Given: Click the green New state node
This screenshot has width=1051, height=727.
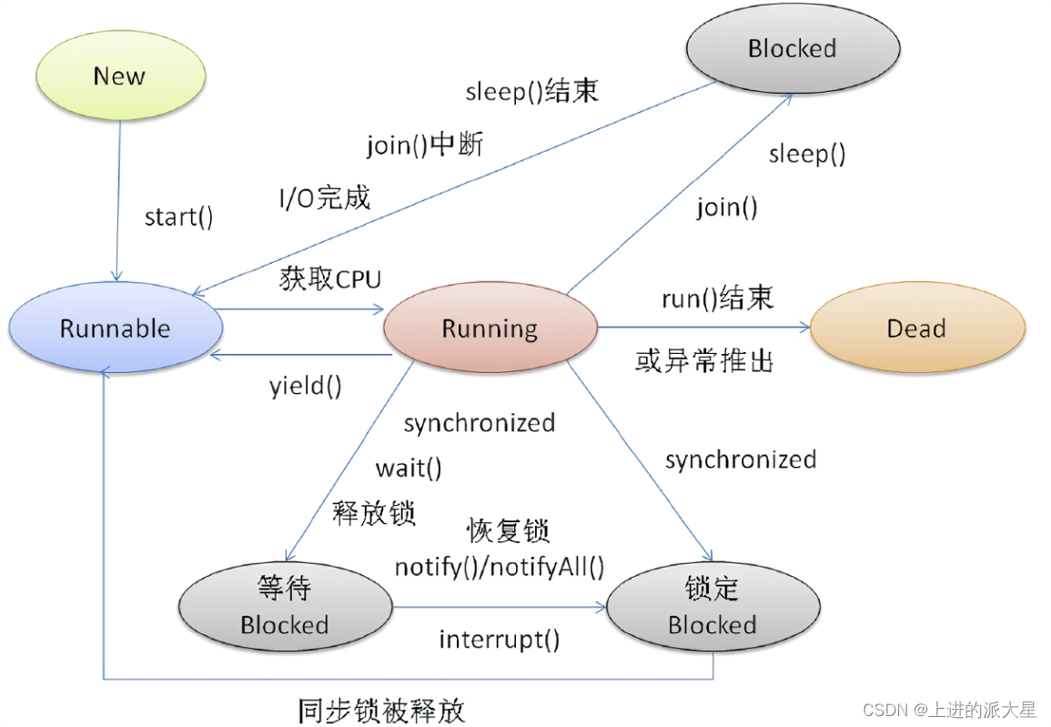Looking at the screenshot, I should pyautogui.click(x=118, y=76).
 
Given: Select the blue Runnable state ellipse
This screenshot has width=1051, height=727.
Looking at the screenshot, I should pyautogui.click(x=115, y=328).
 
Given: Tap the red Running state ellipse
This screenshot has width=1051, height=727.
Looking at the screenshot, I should pyautogui.click(x=490, y=328).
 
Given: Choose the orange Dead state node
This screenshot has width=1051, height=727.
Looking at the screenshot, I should pyautogui.click(x=916, y=328).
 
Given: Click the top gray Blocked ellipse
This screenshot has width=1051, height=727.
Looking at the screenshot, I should pyautogui.click(x=792, y=48).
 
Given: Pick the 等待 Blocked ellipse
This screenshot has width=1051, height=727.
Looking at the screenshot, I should pyautogui.click(x=285, y=607).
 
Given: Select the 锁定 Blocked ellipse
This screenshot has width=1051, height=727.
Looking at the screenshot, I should pyautogui.click(x=712, y=607).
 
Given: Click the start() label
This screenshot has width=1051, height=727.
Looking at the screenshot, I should pyautogui.click(x=178, y=217).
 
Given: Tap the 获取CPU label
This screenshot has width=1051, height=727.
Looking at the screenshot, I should pyautogui.click(x=330, y=279).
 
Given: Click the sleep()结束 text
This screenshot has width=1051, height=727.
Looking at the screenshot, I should pyautogui.click(x=532, y=92).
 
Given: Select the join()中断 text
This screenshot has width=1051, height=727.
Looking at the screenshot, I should pyautogui.click(x=425, y=145).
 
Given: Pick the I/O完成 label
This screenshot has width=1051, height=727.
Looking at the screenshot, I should pyautogui.click(x=325, y=197).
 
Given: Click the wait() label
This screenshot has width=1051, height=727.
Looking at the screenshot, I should pyautogui.click(x=409, y=469).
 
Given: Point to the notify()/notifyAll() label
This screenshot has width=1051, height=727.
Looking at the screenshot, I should pyautogui.click(x=500, y=567).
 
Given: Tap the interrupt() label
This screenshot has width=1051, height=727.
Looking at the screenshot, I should pyautogui.click(x=500, y=640).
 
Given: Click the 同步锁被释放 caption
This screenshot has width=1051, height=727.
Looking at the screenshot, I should pyautogui.click(x=381, y=710).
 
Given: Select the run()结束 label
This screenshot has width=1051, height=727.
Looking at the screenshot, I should pyautogui.click(x=717, y=298).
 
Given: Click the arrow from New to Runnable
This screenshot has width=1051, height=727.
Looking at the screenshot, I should pyautogui.click(x=116, y=200).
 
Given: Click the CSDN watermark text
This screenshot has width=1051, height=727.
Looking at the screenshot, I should pyautogui.click(x=949, y=710).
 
